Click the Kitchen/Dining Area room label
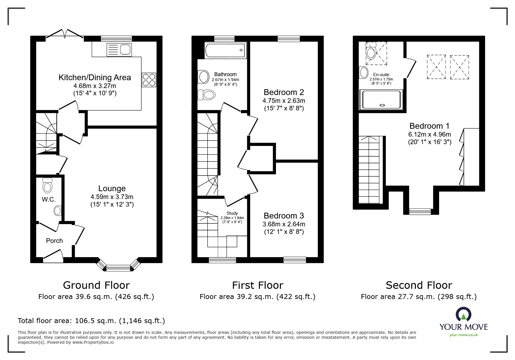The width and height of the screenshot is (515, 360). (x=95, y=78)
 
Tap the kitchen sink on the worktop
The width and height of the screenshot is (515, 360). (x=119, y=50)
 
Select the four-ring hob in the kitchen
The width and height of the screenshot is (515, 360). (x=149, y=80)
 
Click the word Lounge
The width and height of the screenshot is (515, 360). (x=112, y=189)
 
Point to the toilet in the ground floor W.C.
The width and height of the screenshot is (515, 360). (x=47, y=185)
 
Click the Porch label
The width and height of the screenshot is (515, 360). (x=54, y=241)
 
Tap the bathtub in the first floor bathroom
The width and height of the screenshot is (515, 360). (x=226, y=50)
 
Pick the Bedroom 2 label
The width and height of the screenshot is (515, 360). (x=284, y=92)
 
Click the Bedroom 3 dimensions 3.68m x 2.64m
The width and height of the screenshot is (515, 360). (x=284, y=224)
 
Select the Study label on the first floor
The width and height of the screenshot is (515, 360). (x=232, y=213)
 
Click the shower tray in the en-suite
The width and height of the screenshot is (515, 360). (x=382, y=99)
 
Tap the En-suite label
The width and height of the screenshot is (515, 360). (x=381, y=75)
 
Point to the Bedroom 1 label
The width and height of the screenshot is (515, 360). (x=430, y=126)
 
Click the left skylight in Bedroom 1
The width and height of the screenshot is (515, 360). (x=436, y=67)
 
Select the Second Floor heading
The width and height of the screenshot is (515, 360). (x=419, y=285)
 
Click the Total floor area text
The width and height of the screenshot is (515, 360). (x=91, y=321)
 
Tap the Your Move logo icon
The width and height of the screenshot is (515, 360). (x=464, y=314)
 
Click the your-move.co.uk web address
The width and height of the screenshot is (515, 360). (x=464, y=335)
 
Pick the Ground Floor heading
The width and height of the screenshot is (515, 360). (x=96, y=285)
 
